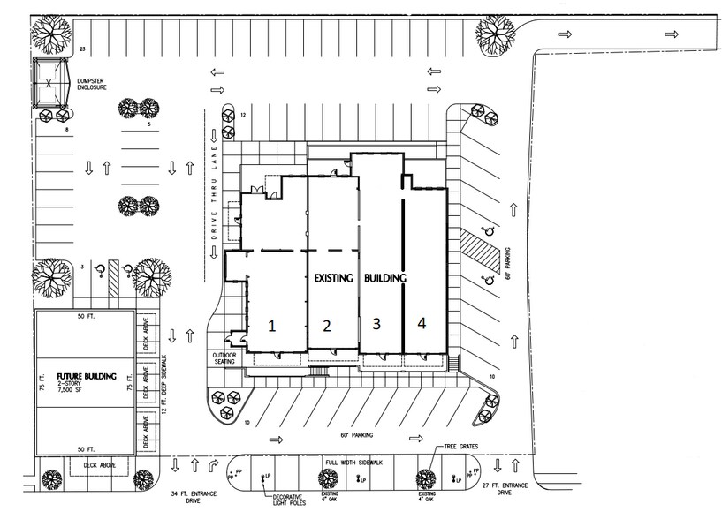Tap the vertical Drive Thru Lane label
click(213, 187)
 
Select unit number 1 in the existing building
click(272, 325)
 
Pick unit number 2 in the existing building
click(327, 326)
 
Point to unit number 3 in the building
click(376, 324)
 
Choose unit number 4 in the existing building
click(422, 324)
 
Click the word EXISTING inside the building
click(334, 278)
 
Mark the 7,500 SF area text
click(76, 395)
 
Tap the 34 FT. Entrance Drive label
click(189, 497)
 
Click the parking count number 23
click(82, 49)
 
